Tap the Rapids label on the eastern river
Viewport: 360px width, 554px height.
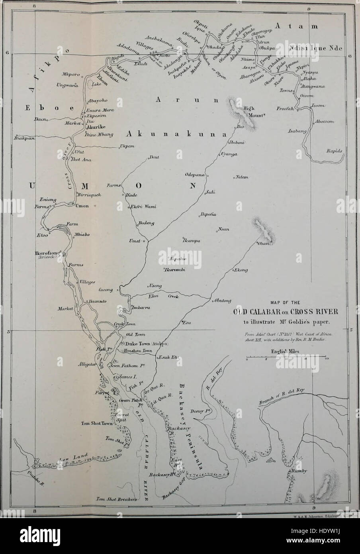click(334, 151)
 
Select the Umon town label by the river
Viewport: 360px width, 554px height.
click(82, 206)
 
